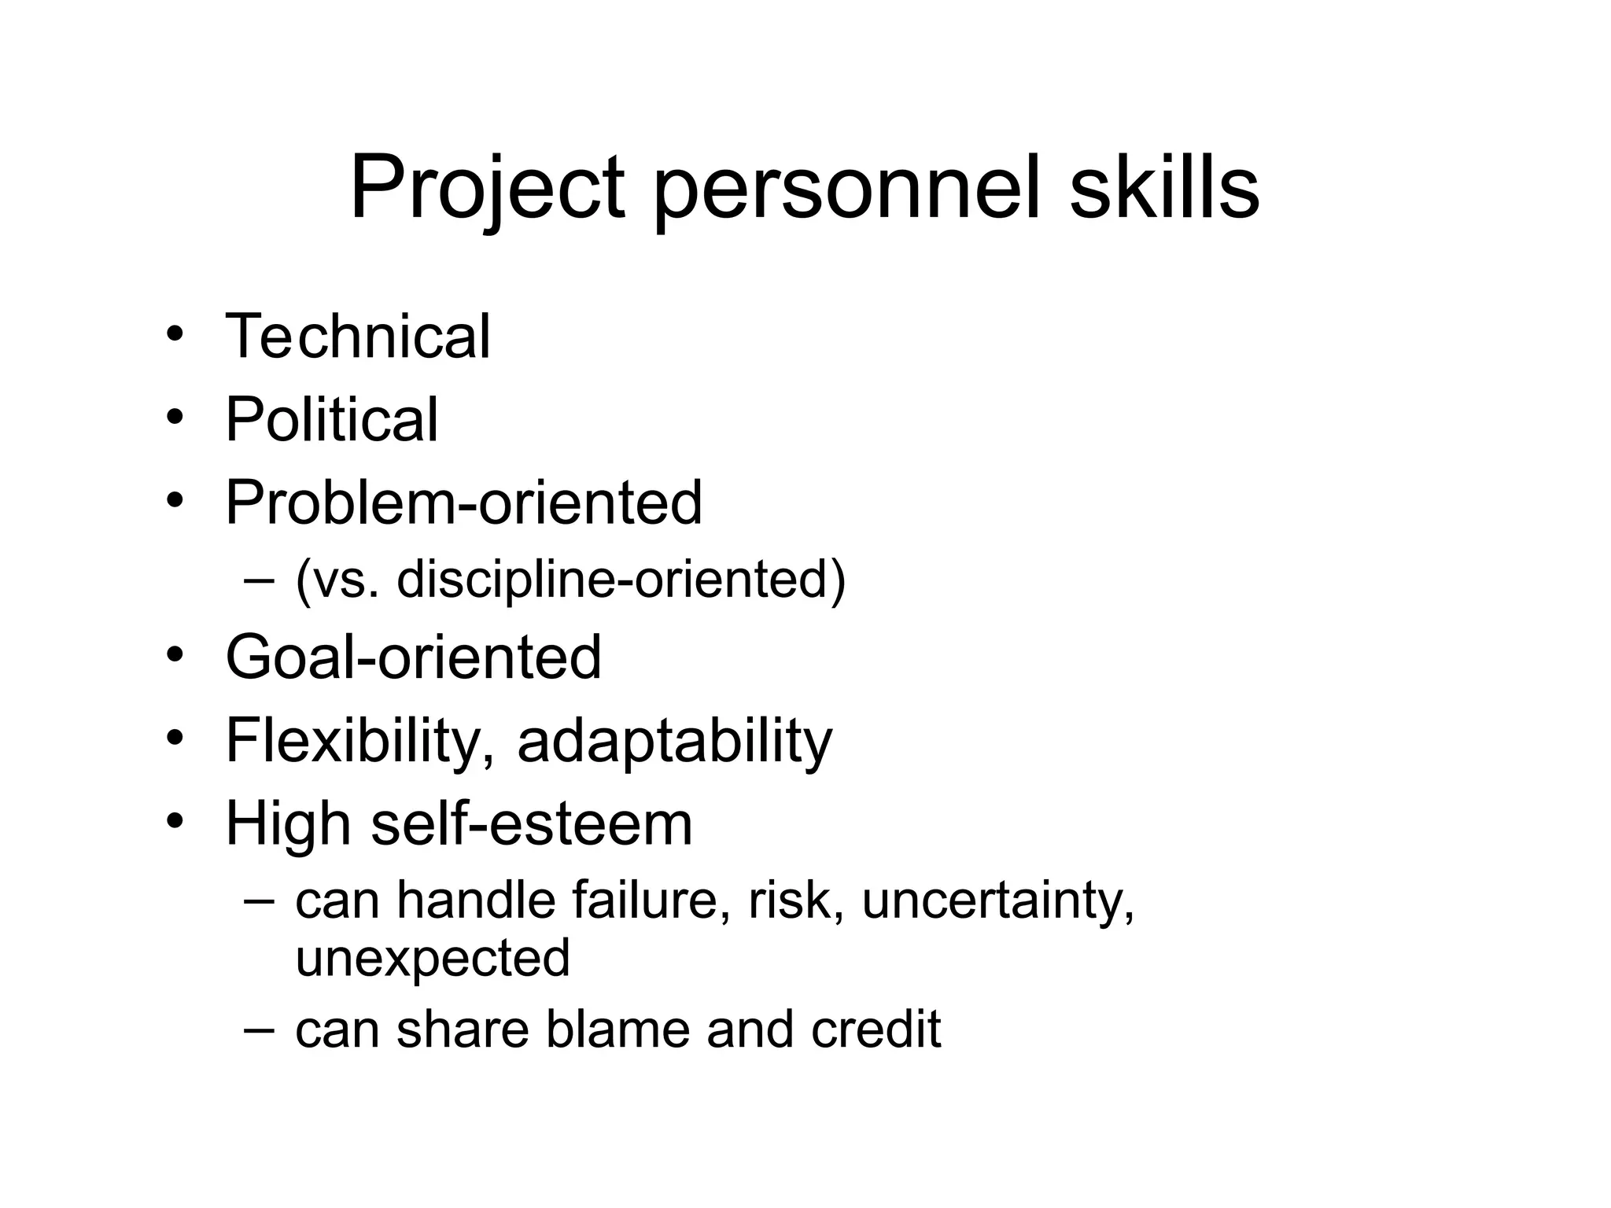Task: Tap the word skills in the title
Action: click(1164, 189)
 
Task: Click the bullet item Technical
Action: click(358, 337)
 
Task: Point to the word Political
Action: click(331, 419)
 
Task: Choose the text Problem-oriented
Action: click(463, 503)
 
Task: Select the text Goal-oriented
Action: click(413, 657)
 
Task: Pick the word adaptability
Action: click(674, 741)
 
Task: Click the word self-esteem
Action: click(531, 823)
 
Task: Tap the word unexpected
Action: click(433, 957)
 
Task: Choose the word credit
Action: click(876, 1029)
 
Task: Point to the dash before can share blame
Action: click(260, 1029)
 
